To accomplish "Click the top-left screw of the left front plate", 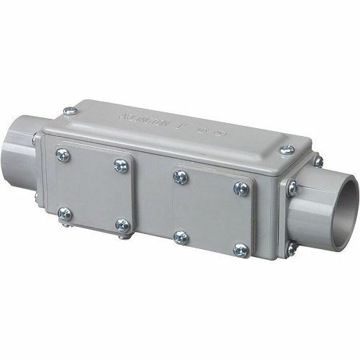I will [63, 155].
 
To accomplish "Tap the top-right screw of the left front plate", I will [120, 165].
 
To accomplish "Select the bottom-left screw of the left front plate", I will [65, 213].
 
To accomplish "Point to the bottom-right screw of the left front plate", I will [122, 226].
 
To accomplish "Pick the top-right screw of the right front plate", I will [240, 188].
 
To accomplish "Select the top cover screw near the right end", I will [286, 150].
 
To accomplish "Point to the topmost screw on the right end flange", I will [318, 161].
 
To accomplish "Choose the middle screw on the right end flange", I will [292, 189].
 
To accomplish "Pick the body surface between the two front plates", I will [150, 198].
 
